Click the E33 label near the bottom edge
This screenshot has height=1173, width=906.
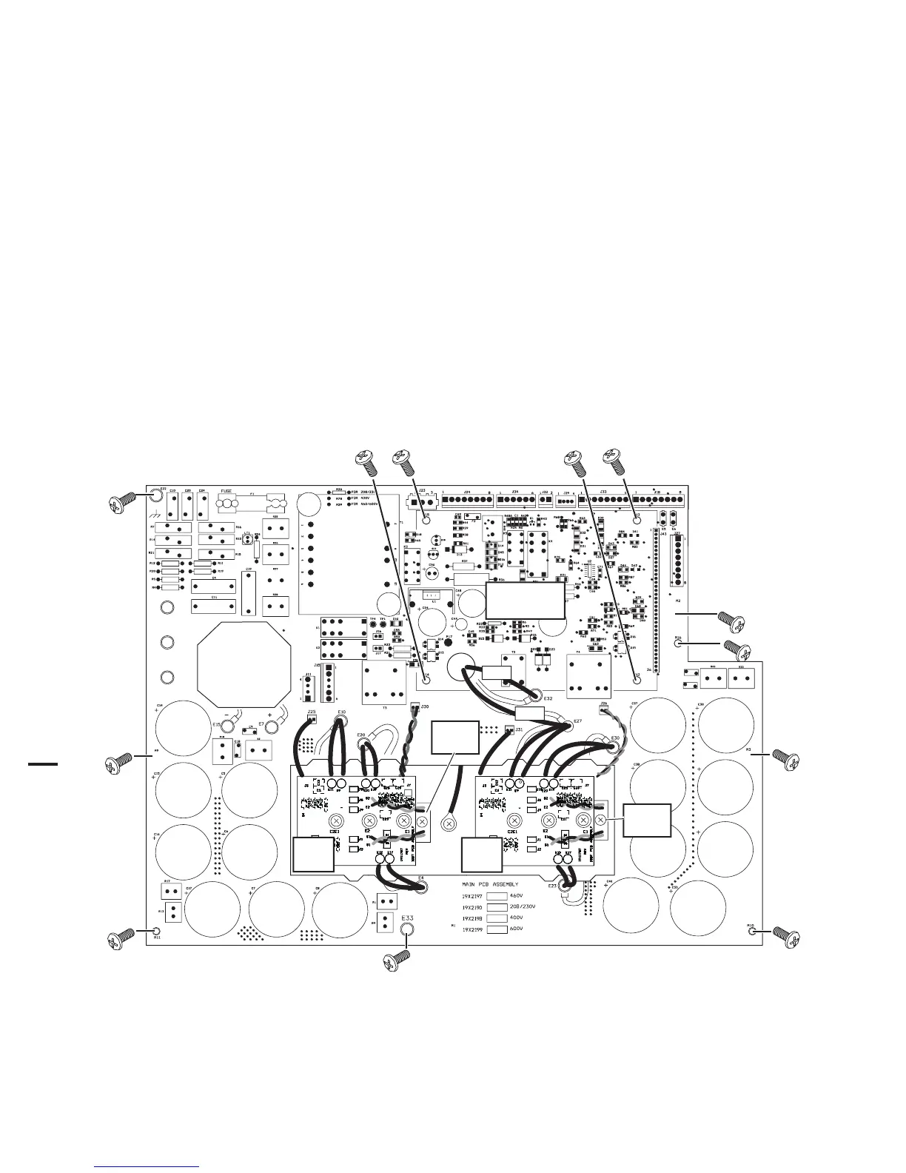coord(407,918)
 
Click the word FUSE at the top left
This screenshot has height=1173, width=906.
coord(227,491)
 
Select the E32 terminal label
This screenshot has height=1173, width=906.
coord(548,698)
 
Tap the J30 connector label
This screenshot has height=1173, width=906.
coord(425,706)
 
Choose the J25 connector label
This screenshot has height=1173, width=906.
coord(312,712)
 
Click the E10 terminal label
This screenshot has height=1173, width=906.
coord(341,712)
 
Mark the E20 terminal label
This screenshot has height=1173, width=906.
coord(361,735)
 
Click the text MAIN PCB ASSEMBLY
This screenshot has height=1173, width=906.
coord(490,884)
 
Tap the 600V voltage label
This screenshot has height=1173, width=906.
coord(517,929)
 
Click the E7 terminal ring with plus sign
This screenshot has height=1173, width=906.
coord(272,726)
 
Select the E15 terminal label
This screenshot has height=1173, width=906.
coord(217,725)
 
